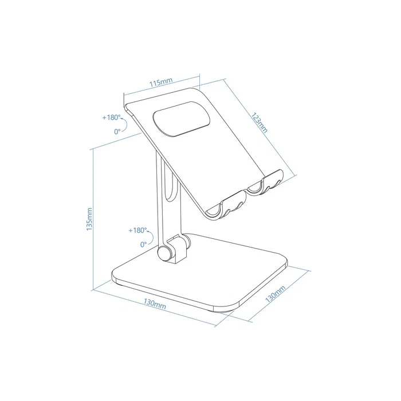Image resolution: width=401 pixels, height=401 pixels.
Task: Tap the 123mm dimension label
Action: point(259,121)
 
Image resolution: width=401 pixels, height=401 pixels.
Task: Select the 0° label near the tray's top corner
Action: point(117,131)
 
